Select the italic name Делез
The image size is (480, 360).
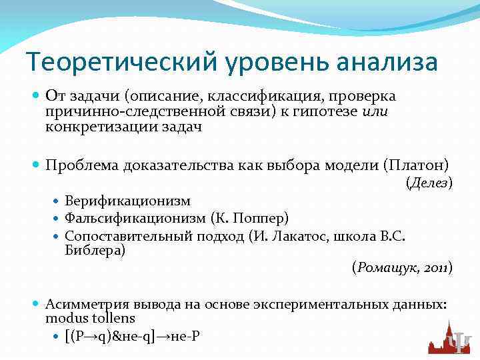(x=429, y=182)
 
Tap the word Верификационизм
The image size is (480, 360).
(x=128, y=201)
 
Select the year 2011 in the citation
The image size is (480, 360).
(x=436, y=268)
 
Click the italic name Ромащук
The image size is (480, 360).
(x=387, y=268)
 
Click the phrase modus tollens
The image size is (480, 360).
(x=90, y=318)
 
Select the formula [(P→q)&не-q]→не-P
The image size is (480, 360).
(x=132, y=336)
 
